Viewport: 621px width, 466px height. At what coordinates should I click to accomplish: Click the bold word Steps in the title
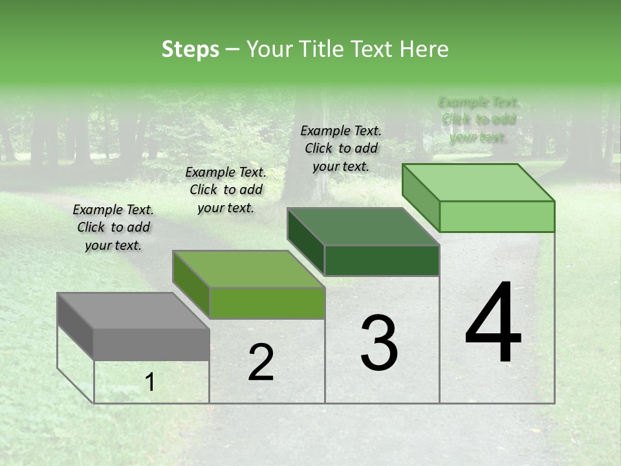click(190, 49)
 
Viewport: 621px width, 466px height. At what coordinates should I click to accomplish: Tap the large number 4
click(493, 324)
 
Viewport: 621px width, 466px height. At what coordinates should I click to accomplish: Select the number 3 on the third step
click(379, 343)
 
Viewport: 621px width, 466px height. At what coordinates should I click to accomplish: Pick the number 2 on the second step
click(261, 362)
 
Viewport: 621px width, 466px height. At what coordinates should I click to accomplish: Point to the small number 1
click(150, 383)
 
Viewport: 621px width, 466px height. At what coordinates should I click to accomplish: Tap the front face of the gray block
click(151, 344)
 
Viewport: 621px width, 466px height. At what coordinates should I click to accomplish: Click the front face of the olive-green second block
click(267, 303)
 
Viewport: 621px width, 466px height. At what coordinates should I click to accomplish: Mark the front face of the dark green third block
click(382, 260)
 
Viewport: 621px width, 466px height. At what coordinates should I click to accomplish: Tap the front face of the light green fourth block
click(497, 216)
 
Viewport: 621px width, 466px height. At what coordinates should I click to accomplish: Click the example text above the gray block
click(113, 227)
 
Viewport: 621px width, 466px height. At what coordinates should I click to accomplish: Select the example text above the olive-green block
click(226, 190)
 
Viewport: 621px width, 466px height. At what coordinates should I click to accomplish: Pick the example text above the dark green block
click(341, 148)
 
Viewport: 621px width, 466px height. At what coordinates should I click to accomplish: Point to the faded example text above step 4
click(479, 120)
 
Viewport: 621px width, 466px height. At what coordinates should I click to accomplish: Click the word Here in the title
click(424, 49)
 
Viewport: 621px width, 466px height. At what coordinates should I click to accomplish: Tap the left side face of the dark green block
click(305, 243)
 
